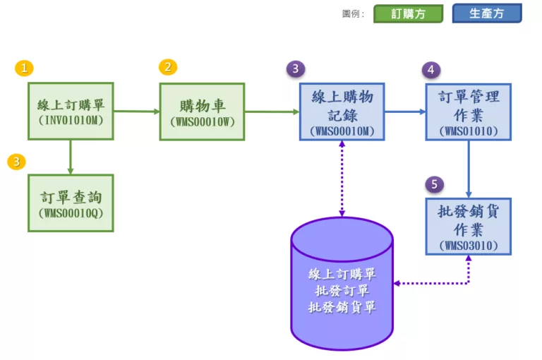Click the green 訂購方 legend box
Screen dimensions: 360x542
[408, 13]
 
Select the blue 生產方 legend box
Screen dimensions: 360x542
[486, 13]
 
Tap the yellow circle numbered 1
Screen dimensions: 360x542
[24, 68]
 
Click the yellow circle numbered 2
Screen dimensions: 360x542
[168, 67]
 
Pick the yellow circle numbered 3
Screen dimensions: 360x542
[16, 162]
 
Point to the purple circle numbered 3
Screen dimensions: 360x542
[295, 68]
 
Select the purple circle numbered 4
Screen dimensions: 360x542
[430, 69]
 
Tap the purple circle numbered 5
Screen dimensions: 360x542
[434, 184]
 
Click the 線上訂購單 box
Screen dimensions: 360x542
[71, 111]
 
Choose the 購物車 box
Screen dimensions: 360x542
[202, 111]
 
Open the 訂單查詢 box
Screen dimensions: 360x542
[71, 203]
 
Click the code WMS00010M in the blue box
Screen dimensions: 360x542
[342, 131]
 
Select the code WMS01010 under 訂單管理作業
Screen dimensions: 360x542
[468, 131]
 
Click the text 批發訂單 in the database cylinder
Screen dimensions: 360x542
[342, 291]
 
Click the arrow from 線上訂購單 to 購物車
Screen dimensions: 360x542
[136, 111]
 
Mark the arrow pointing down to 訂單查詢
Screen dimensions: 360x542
[71, 157]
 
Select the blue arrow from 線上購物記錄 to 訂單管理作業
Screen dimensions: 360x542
[405, 111]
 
